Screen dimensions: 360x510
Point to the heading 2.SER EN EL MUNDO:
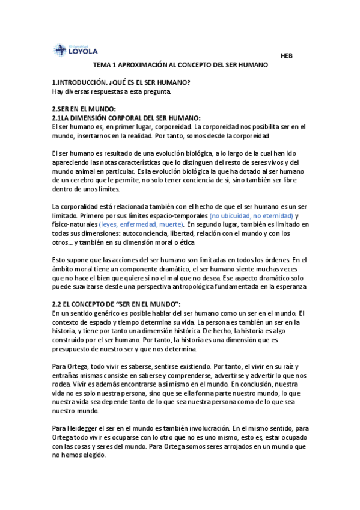click(84, 109)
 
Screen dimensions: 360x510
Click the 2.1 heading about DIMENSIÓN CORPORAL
click(126, 118)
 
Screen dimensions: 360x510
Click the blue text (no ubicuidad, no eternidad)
click(251, 215)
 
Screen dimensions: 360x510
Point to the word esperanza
click(288, 287)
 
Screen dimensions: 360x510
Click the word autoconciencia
click(152, 233)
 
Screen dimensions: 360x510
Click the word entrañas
click(67, 375)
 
